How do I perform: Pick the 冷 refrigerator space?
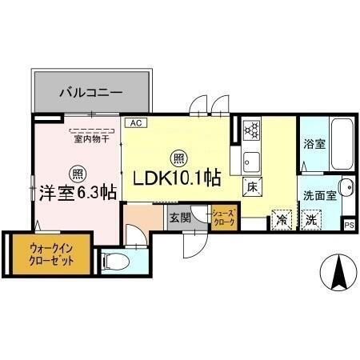coord(282,217)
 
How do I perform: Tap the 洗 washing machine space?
coord(310,218)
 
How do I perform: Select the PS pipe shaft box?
coord(349,225)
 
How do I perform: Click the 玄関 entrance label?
coord(178,217)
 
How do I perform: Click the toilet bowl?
coord(114,260)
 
